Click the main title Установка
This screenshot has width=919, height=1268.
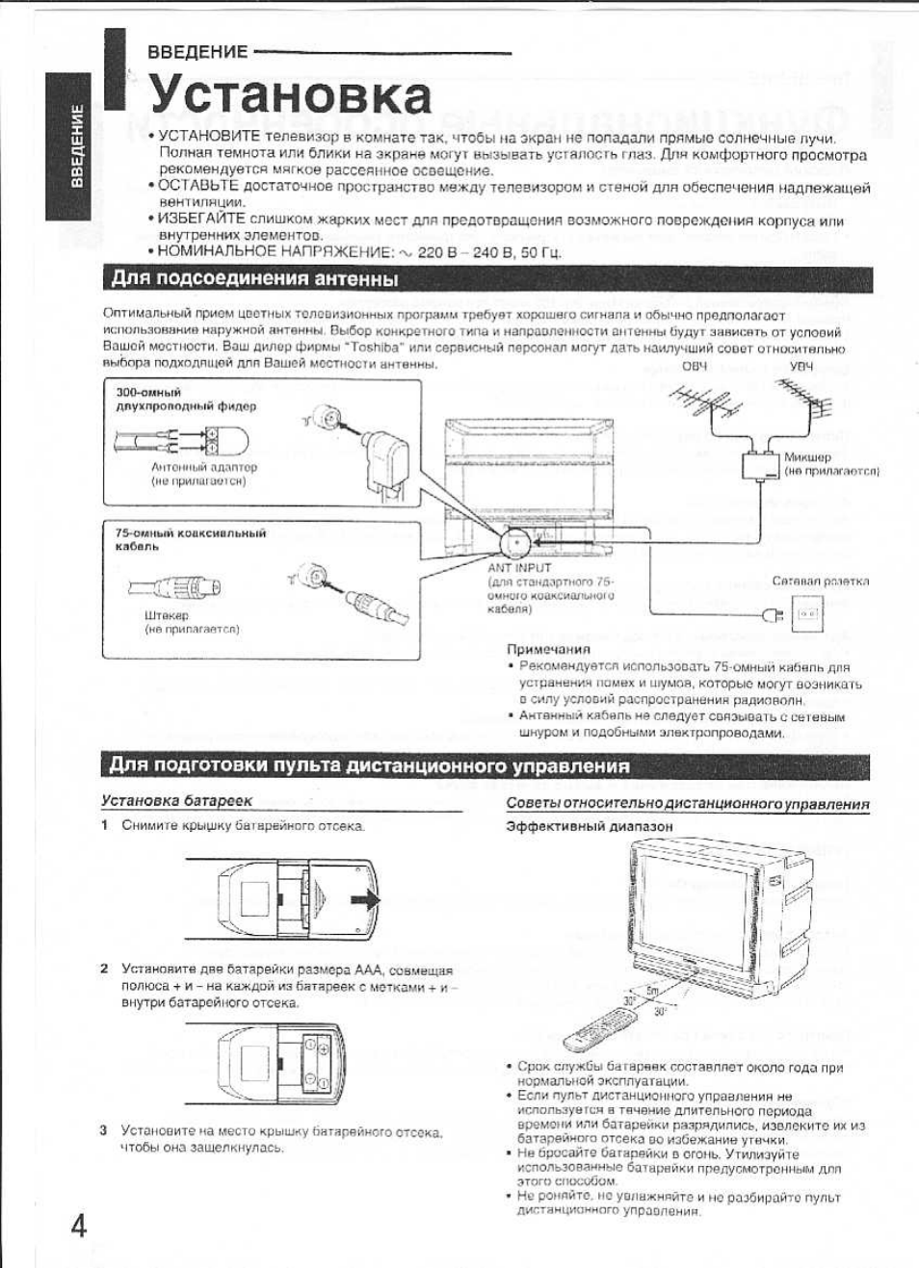[290, 94]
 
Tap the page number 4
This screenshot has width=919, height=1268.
[78, 1225]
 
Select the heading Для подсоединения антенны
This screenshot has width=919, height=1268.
[254, 279]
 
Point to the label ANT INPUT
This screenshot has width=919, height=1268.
[519, 568]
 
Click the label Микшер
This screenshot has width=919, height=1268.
[806, 457]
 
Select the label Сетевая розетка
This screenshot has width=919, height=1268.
[820, 582]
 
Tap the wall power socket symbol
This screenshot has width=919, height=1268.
[807, 613]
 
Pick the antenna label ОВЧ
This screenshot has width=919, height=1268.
[694, 366]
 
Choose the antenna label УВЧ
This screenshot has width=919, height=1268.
[801, 366]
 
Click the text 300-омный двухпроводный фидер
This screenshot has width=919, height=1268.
[186, 400]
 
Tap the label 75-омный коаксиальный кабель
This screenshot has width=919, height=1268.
[190, 539]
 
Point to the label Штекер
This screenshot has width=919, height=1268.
[167, 615]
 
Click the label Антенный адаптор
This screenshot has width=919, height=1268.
[203, 467]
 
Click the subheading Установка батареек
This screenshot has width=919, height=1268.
[176, 800]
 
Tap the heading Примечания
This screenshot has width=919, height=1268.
[548, 650]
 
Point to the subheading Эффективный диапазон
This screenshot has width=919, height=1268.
[589, 826]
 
